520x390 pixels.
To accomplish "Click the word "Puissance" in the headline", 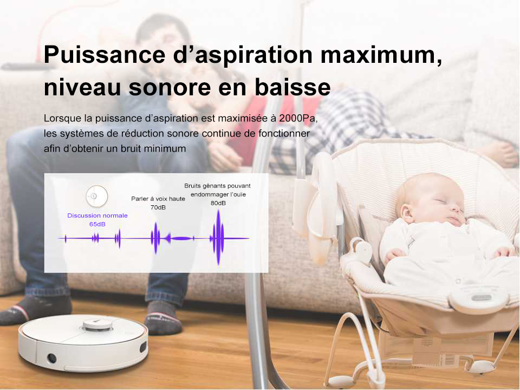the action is click(x=105, y=54).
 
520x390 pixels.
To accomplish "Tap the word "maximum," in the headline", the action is click(x=381, y=55).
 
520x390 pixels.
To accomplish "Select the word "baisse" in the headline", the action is click(x=292, y=87).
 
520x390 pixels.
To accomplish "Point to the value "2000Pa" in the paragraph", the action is click(x=297, y=118).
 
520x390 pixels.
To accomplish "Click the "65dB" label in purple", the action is click(x=97, y=224).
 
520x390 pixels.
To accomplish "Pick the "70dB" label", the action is click(x=158, y=207).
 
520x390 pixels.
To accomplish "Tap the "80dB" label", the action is click(x=218, y=203).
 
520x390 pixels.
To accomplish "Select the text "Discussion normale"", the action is click(x=97, y=216).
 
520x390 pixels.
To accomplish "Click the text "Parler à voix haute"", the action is click(x=158, y=199).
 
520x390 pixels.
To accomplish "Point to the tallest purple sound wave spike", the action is click(x=218, y=237).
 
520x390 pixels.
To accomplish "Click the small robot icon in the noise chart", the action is click(x=97, y=196).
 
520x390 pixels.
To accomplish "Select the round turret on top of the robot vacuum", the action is click(x=97, y=324).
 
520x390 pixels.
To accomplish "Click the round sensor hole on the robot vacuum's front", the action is click(x=51, y=358).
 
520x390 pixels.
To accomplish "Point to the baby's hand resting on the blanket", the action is click(x=395, y=255).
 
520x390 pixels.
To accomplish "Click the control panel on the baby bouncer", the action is click(x=478, y=297).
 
